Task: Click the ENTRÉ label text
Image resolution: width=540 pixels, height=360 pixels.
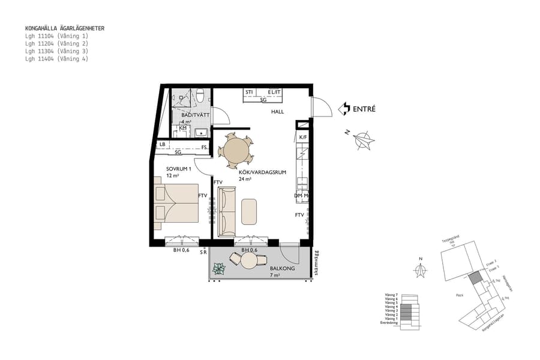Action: click(x=364, y=109)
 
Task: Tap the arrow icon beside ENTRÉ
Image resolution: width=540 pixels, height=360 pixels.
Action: click(x=344, y=109)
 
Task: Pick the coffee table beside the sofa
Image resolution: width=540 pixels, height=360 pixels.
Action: click(x=250, y=211)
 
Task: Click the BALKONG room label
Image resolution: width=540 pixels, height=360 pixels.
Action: click(x=282, y=269)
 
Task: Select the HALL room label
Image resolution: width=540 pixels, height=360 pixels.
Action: click(x=277, y=112)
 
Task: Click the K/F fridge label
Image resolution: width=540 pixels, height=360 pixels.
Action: click(x=303, y=137)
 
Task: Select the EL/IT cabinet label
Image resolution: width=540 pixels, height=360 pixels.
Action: click(x=274, y=92)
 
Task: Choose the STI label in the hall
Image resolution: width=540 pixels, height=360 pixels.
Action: click(x=248, y=92)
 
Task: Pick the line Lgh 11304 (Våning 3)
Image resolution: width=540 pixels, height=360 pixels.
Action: click(x=56, y=52)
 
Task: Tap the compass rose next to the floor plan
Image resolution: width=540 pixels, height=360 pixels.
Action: click(x=364, y=140)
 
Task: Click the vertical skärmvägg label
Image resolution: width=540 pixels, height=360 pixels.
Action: click(x=314, y=263)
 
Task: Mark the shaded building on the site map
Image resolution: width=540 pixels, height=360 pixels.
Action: click(x=475, y=278)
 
